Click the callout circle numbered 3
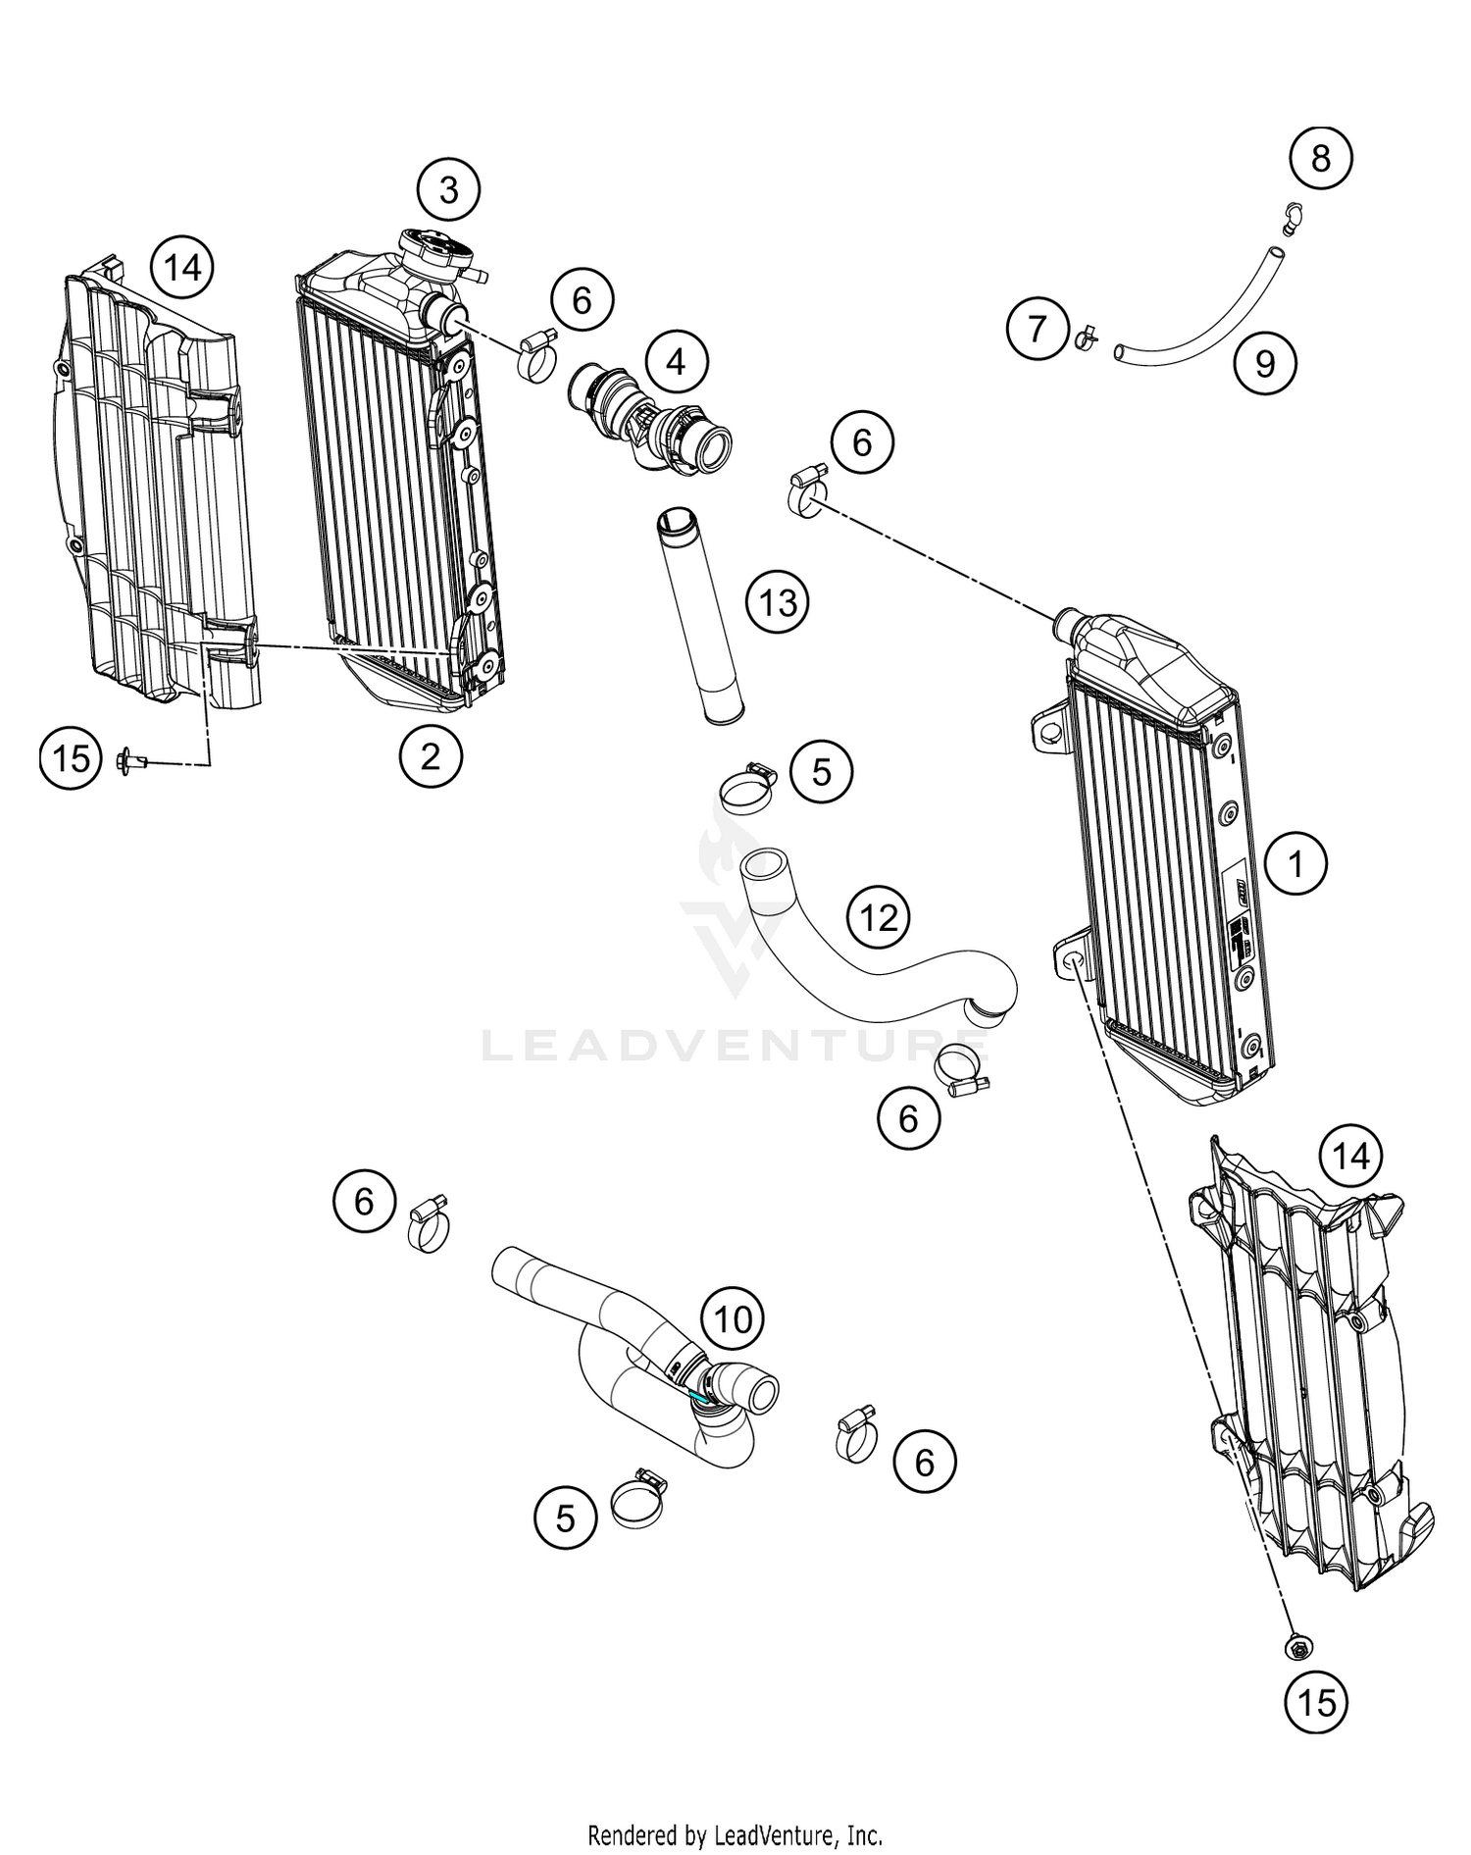point(448,189)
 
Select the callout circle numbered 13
point(778,601)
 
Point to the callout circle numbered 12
point(878,917)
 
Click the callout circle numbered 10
point(733,1319)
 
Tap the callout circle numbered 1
point(1295,863)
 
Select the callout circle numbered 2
point(431,755)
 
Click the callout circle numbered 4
point(676,362)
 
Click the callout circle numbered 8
point(1320,158)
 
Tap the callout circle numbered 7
point(1038,329)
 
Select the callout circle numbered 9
point(1265,364)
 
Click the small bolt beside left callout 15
point(130,759)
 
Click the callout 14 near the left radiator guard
point(182,267)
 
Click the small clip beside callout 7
point(1085,337)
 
